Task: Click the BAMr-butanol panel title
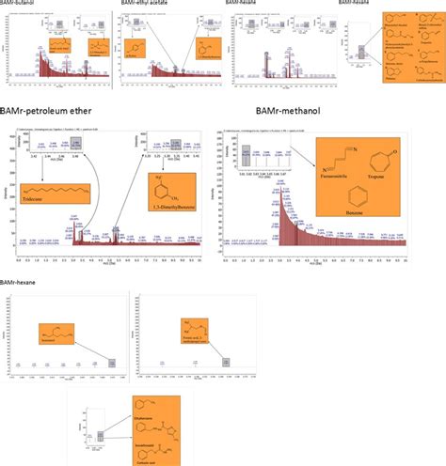(22, 4)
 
